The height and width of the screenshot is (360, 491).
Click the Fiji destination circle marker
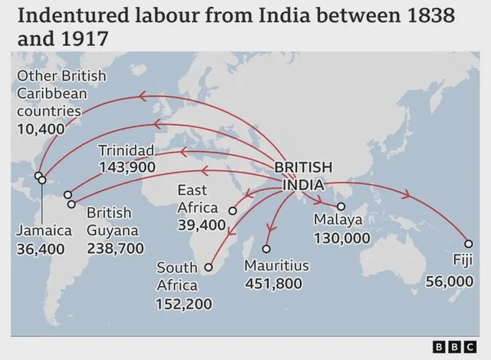pyautogui.click(x=468, y=243)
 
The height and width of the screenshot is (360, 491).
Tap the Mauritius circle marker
pyautogui.click(x=266, y=249)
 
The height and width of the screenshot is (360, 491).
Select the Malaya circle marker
pyautogui.click(x=341, y=206)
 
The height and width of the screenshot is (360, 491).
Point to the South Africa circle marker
pyautogui.click(x=208, y=267)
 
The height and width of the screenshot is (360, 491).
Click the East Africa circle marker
pyautogui.click(x=232, y=208)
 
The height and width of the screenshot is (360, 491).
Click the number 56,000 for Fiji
pyautogui.click(x=450, y=281)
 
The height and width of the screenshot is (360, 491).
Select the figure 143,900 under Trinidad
pyautogui.click(x=127, y=167)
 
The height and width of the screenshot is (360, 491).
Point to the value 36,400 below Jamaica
pyautogui.click(x=41, y=249)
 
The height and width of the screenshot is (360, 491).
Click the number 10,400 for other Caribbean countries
pyautogui.click(x=41, y=129)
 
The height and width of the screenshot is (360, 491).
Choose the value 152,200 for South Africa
pyautogui.click(x=184, y=304)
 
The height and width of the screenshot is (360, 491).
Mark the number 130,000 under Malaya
pyautogui.click(x=342, y=238)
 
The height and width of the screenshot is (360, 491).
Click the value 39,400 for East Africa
pyautogui.click(x=202, y=225)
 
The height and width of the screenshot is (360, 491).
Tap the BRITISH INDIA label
pyautogui.click(x=303, y=176)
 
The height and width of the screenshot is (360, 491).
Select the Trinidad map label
pyautogui.click(x=127, y=150)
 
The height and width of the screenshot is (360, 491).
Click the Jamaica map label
pyautogui.click(x=44, y=230)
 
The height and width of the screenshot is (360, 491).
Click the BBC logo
pyautogui.click(x=450, y=345)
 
